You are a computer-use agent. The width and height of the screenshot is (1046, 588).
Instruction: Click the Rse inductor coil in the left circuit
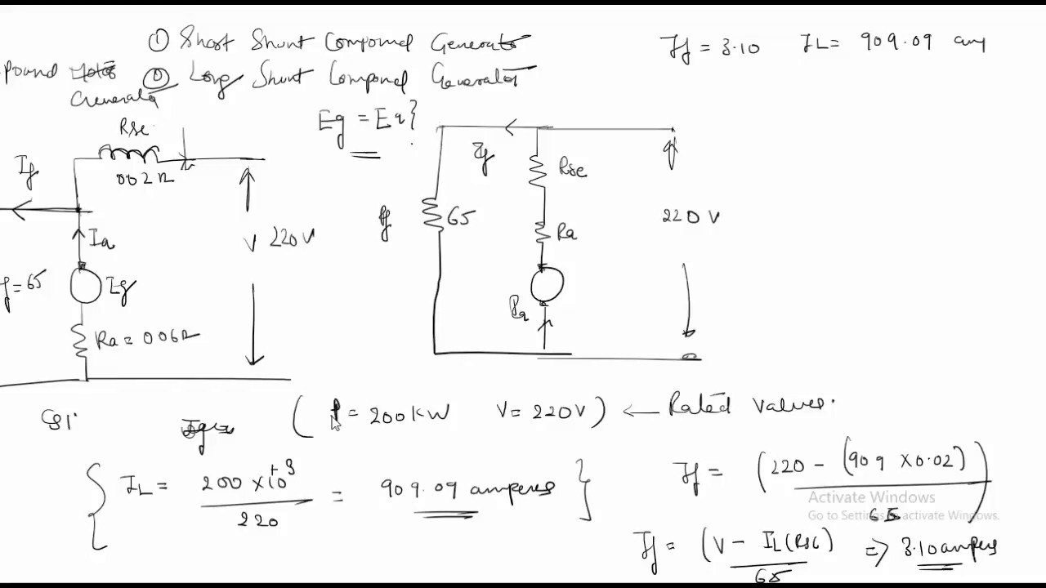coord(128,153)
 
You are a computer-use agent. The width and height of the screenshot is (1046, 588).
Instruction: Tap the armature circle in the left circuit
coord(86,287)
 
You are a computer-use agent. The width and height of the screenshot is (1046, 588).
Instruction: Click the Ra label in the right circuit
coord(567,234)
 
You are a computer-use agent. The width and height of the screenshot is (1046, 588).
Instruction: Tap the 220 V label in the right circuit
coord(691,217)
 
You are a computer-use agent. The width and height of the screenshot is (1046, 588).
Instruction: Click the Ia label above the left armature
coord(101,240)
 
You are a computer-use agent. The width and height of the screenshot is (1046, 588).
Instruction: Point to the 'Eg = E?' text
coord(368,122)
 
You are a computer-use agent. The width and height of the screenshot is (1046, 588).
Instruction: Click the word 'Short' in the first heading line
coord(206,41)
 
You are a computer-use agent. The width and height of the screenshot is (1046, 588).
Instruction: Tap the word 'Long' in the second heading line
coord(216,78)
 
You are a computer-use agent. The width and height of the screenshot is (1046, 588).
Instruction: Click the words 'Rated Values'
coord(752,404)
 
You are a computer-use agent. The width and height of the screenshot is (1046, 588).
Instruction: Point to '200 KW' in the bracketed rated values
coord(400,414)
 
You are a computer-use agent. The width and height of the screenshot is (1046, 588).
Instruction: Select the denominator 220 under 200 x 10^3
coord(257,519)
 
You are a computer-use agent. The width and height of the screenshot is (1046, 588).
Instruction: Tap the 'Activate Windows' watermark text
coord(871,497)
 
